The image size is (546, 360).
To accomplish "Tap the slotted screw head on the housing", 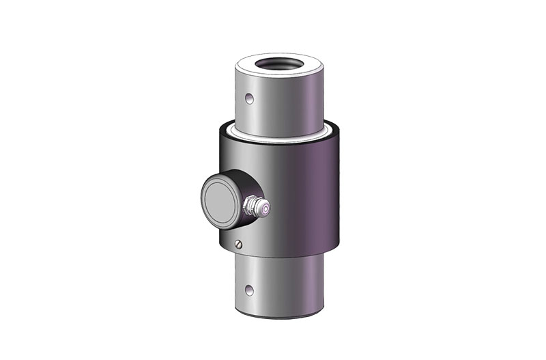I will point(238,245).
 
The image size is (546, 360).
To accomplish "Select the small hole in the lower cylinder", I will point(250,288).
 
